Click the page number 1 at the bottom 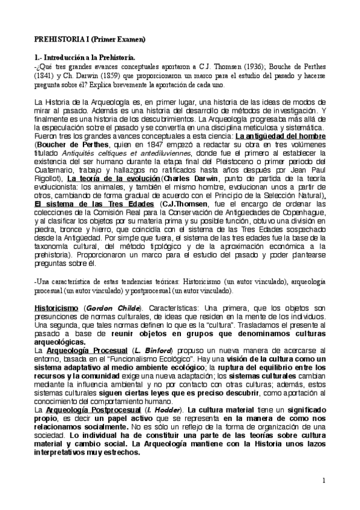pyautogui.click(x=323, y=481)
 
